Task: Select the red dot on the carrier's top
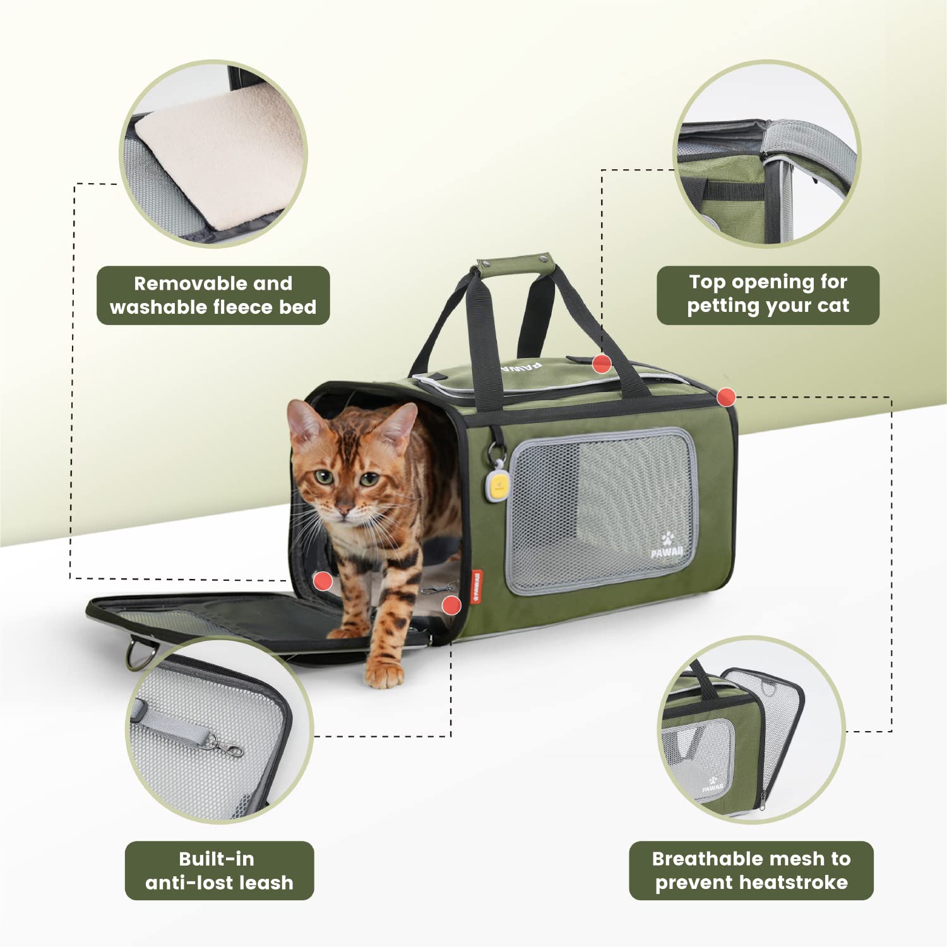coord(602,363)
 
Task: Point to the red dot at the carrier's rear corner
coord(727,397)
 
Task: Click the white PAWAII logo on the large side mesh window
coord(667,547)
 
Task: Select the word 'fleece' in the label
coord(244,307)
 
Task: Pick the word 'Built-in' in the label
coord(217,859)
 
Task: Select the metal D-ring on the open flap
coord(138,655)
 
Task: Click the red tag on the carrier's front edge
coord(476,587)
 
